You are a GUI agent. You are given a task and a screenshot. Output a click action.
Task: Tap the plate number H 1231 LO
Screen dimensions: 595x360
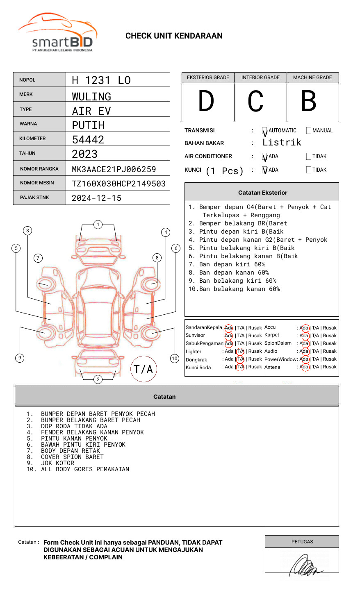coord(101,80)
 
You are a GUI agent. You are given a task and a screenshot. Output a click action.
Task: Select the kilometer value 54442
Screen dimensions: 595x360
coord(88,140)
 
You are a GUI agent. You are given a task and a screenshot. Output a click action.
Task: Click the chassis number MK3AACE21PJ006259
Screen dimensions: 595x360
coord(114,169)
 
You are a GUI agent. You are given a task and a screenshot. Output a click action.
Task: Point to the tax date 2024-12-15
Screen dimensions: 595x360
coord(97,198)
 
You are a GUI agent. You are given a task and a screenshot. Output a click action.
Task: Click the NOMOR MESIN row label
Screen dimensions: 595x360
coord(37,183)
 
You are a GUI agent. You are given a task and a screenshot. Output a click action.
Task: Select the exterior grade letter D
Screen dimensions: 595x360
coord(206,101)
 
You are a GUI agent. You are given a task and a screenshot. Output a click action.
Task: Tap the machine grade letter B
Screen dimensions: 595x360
coord(309,101)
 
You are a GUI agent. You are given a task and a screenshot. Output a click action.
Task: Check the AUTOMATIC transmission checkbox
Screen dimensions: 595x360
coord(265,131)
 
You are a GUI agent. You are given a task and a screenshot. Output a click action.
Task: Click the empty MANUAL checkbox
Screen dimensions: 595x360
coord(309,131)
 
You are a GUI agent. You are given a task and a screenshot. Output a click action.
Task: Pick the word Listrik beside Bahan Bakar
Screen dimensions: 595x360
coord(282,143)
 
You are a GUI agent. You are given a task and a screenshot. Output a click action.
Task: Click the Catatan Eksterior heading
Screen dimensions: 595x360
coord(263,193)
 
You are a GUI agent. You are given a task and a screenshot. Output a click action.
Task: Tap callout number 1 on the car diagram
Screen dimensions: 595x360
coord(98,225)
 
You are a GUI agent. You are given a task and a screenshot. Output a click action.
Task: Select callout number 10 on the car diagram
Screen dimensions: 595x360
coord(175,359)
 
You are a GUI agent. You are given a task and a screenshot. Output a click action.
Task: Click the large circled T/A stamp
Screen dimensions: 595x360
coord(144,369)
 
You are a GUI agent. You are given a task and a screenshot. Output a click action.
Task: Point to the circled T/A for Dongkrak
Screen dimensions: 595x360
coord(240,359)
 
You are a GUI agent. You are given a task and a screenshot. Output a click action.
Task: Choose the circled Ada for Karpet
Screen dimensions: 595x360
coord(304,336)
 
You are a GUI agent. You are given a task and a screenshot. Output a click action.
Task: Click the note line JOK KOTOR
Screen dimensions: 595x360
coord(57,463)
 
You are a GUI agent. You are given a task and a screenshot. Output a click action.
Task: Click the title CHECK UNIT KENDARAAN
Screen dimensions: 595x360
coord(174,36)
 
